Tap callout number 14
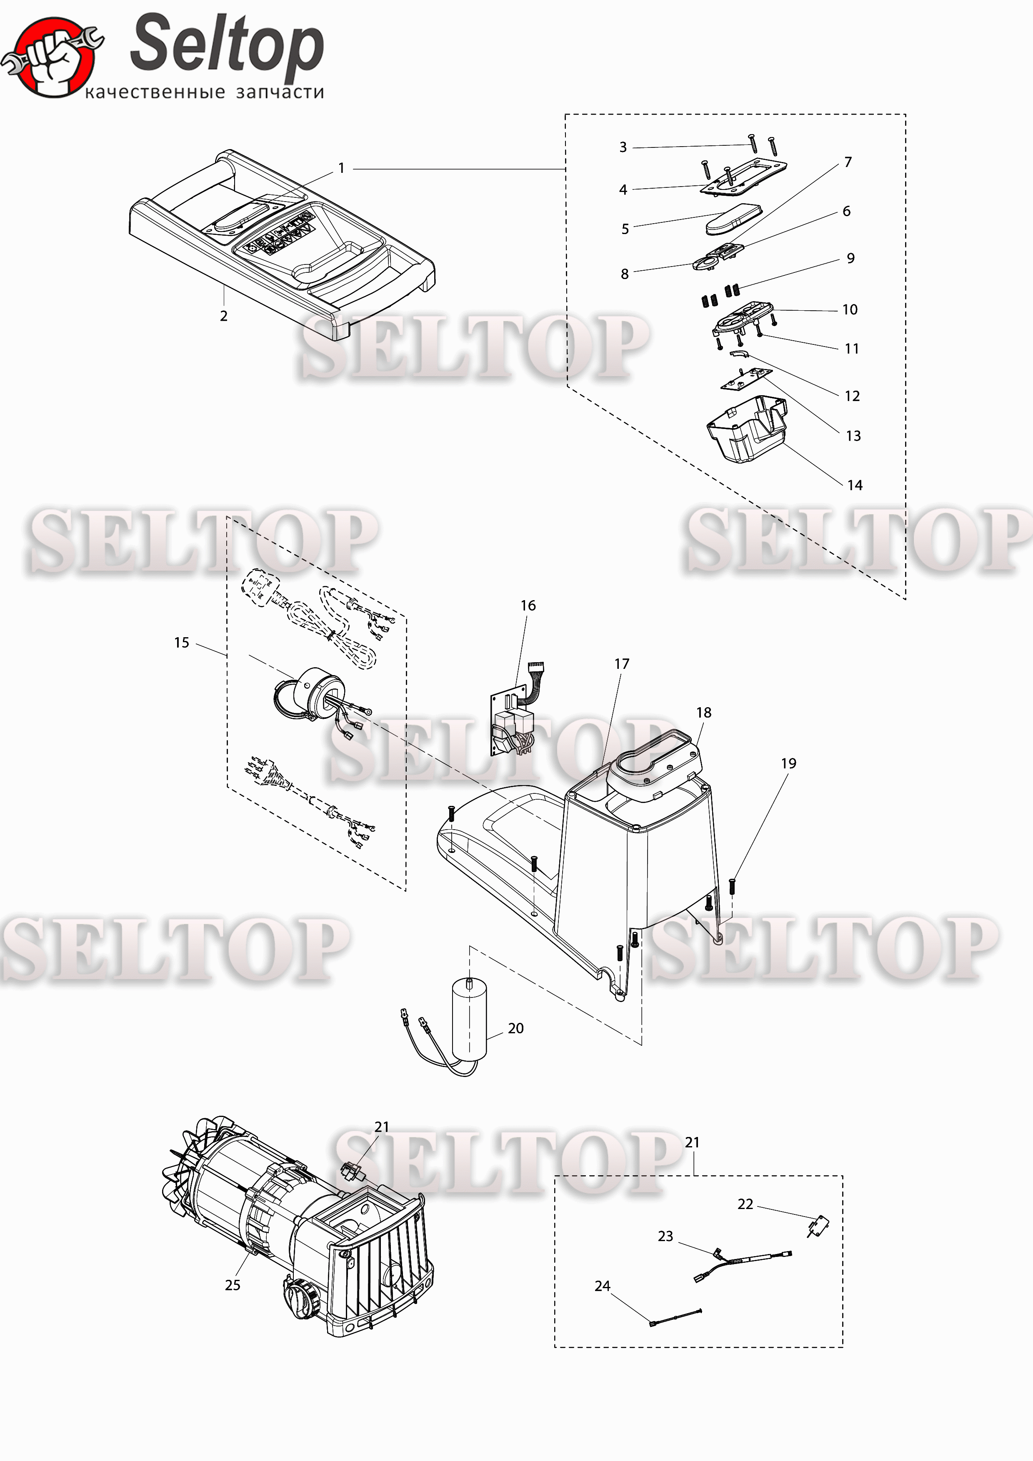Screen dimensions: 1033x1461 pyautogui.click(x=855, y=485)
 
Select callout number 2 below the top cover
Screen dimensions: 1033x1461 pyautogui.click(x=223, y=316)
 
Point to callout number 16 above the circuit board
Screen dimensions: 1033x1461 pyautogui.click(x=528, y=605)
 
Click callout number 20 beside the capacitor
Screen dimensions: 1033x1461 pyautogui.click(x=515, y=1028)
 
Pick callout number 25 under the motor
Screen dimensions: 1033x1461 pyautogui.click(x=233, y=1285)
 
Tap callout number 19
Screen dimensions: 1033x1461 pyautogui.click(x=788, y=763)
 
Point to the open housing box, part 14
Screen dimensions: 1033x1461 pyautogui.click(x=746, y=429)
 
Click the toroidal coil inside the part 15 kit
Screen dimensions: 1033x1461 pyautogui.click(x=312, y=695)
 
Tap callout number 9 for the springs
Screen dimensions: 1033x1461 pyautogui.click(x=850, y=258)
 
